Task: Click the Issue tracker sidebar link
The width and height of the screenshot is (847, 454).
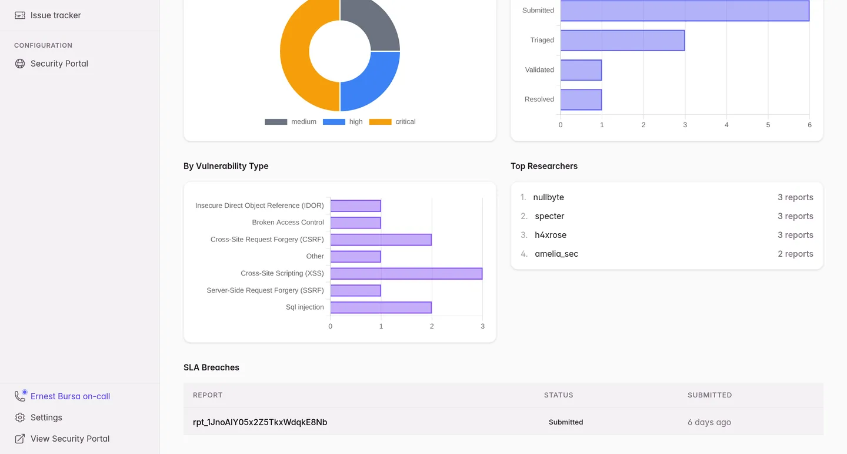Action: [x=55, y=15]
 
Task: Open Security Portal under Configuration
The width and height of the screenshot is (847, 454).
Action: [x=59, y=64]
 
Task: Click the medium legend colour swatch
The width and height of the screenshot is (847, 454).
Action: [x=276, y=122]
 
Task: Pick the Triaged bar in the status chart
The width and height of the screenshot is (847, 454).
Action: [x=622, y=40]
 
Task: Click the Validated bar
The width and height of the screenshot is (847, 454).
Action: [x=581, y=70]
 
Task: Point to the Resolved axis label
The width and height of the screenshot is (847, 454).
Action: [x=539, y=99]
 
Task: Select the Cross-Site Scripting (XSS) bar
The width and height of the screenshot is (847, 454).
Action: [x=406, y=273]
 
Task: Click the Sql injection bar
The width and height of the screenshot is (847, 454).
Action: [x=381, y=307]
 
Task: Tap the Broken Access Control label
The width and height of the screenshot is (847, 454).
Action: [x=288, y=222]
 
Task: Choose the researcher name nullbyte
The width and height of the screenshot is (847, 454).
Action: [x=548, y=197]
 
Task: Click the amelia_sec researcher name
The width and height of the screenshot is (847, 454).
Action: [x=556, y=254]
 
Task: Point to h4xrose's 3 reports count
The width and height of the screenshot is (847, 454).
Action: [x=795, y=235]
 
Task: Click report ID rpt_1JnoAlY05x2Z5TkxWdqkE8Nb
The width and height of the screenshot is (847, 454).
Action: [x=260, y=422]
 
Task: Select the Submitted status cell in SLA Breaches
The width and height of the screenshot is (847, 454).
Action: [x=566, y=422]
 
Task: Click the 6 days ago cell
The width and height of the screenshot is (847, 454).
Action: [x=709, y=422]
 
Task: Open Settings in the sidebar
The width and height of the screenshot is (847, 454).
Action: [x=46, y=417]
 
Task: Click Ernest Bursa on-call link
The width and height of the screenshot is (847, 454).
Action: [x=71, y=396]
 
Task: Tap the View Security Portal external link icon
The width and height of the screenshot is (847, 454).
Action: [x=20, y=439]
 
